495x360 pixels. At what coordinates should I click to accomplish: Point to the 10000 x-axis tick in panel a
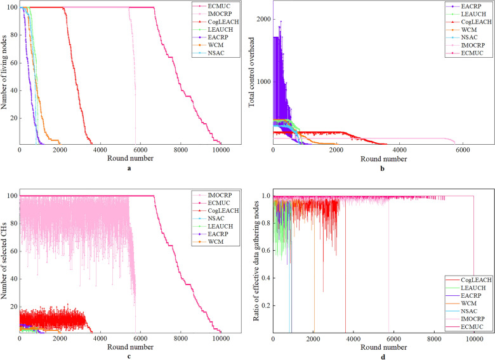(221, 150)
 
